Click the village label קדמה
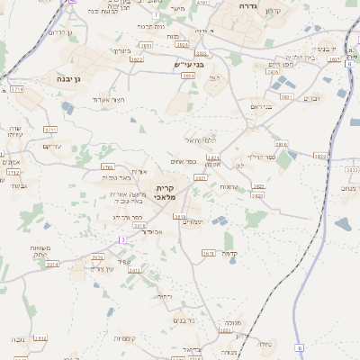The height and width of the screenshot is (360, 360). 229,253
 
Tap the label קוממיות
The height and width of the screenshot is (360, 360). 124,338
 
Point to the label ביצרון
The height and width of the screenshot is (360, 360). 122,51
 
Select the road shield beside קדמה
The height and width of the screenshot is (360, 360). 208,254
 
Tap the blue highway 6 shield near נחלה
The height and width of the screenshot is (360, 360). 300,347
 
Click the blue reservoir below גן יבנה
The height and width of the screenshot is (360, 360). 67,108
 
